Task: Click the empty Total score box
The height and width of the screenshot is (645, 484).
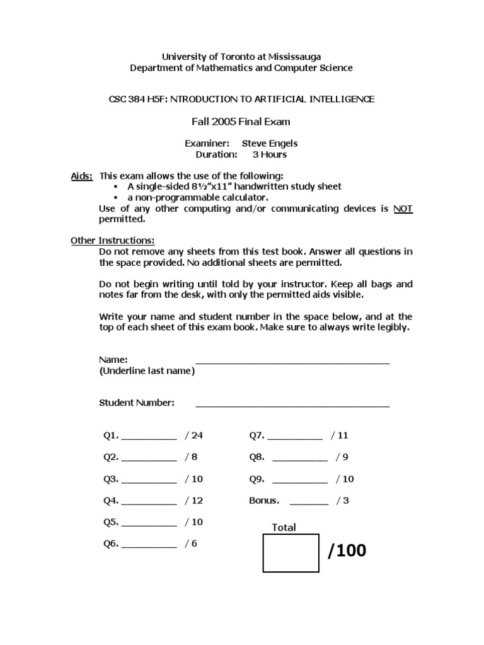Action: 291,553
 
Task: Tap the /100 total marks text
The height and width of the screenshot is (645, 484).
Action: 347,551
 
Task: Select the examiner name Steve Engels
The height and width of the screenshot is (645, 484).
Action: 270,144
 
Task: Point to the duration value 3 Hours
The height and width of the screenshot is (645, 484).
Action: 270,154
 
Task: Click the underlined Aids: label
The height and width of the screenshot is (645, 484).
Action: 82,175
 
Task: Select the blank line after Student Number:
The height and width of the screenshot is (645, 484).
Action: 292,404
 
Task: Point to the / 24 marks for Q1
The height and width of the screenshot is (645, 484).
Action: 194,435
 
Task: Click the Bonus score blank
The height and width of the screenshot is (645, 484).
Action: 309,502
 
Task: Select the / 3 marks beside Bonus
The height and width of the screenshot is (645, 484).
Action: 342,501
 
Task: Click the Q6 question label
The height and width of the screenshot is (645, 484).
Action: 111,544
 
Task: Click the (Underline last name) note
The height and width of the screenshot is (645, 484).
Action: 147,371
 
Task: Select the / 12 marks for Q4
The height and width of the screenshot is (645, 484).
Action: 194,501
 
